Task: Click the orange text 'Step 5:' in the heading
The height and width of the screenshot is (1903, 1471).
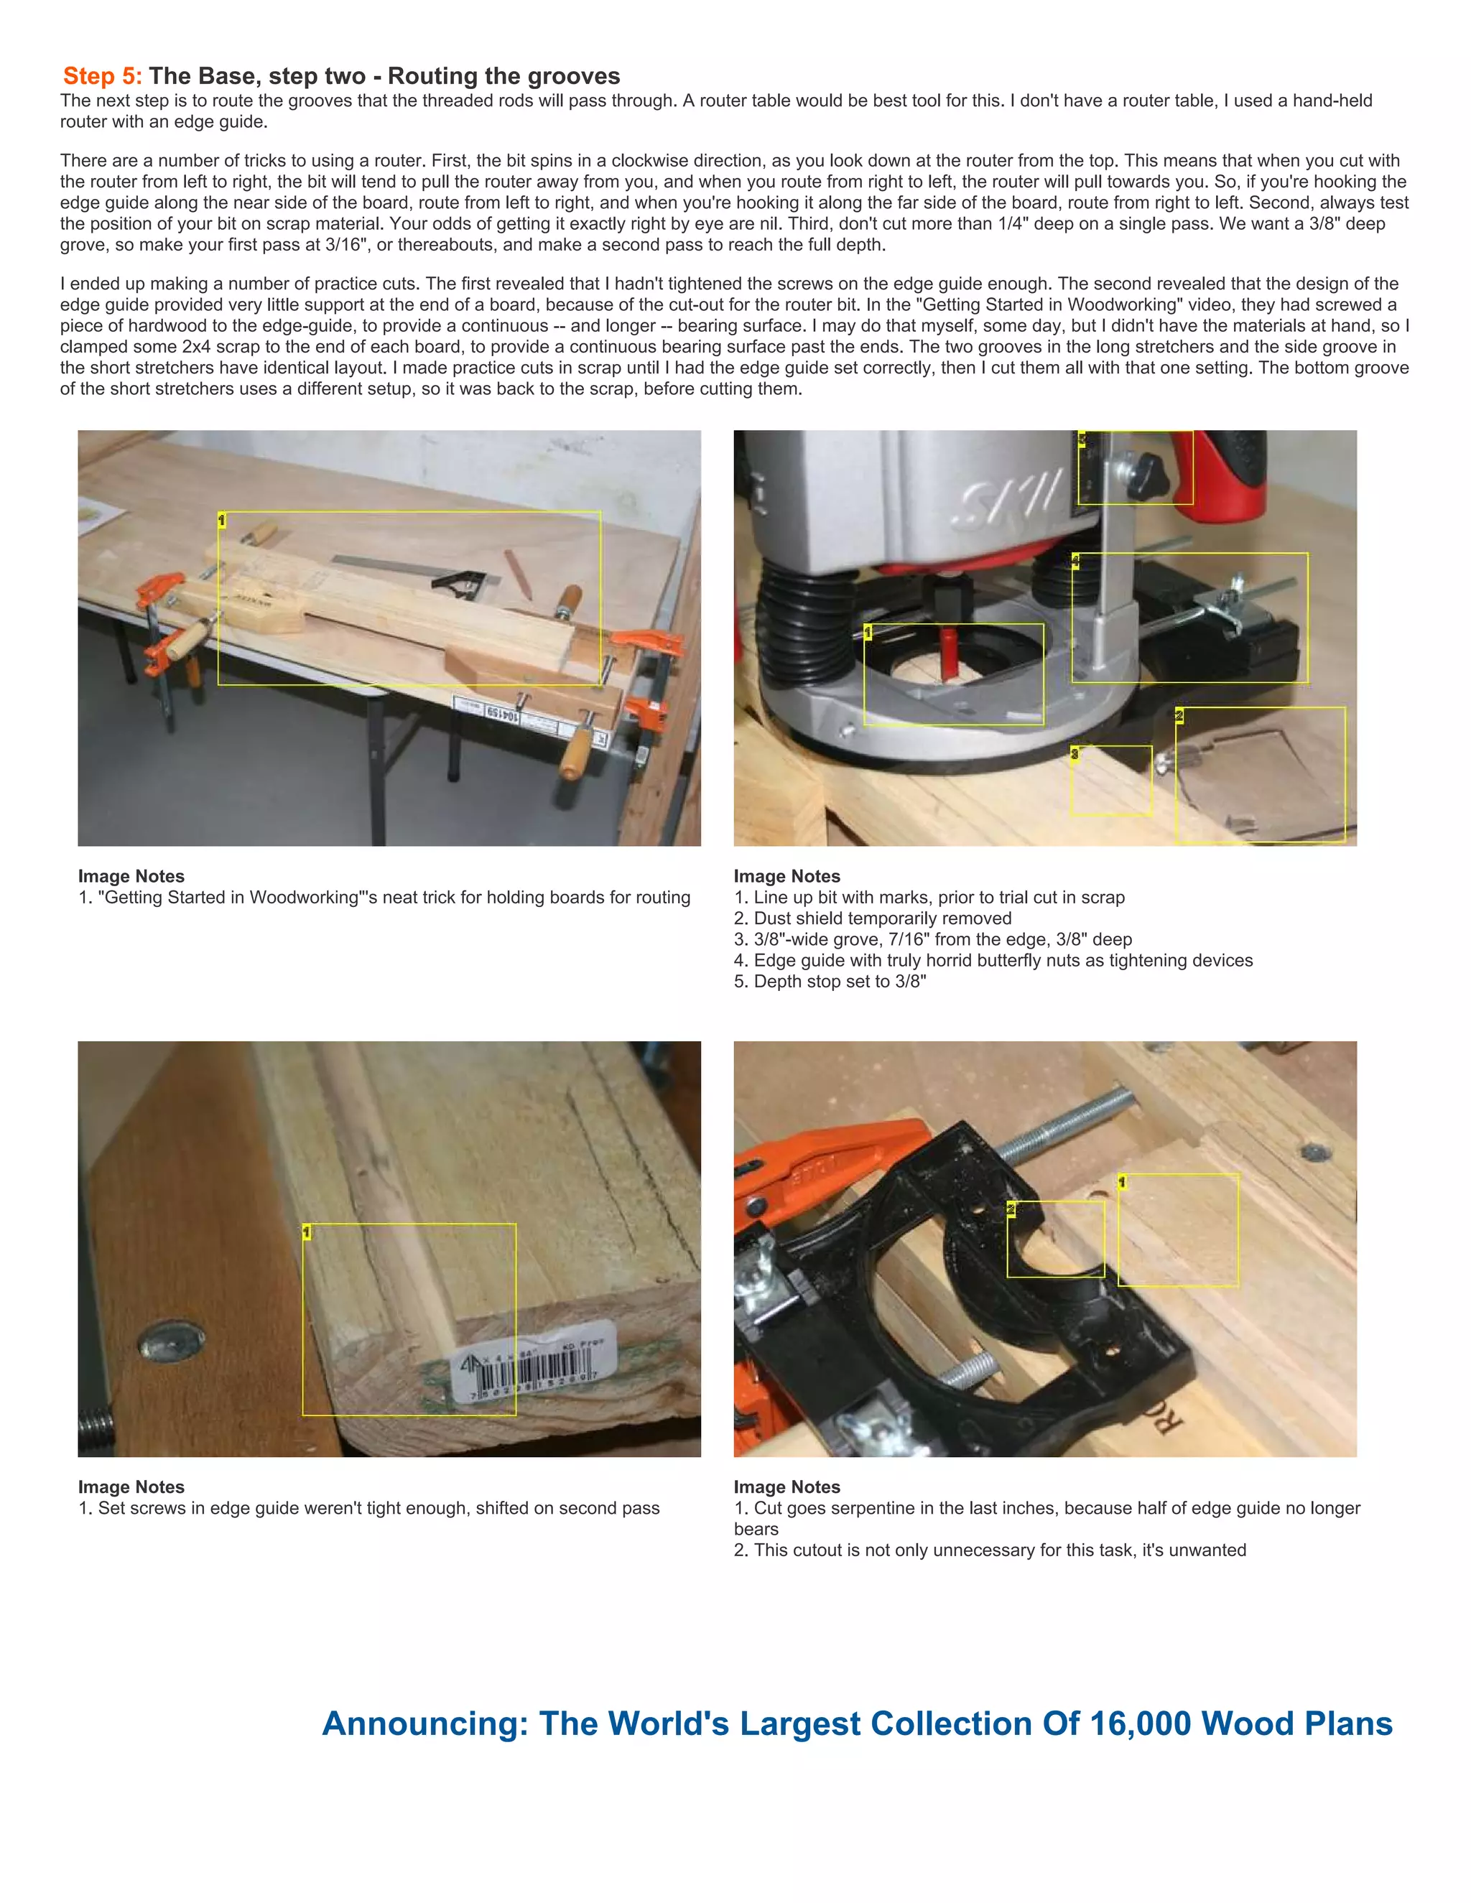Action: (101, 77)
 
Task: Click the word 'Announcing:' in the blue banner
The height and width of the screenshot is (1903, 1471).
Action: (424, 1723)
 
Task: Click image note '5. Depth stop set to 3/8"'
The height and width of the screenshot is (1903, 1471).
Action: (830, 981)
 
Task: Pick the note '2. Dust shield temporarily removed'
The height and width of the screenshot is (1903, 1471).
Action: (872, 918)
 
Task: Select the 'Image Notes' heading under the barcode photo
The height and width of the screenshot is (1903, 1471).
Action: (131, 1486)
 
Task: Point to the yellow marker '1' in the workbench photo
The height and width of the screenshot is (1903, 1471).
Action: (221, 520)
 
